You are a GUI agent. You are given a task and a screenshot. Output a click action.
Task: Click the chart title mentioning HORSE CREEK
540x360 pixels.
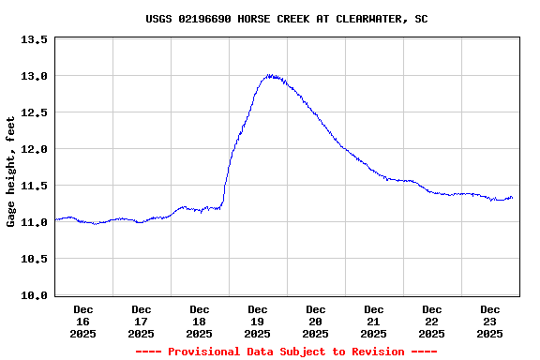(x=288, y=19)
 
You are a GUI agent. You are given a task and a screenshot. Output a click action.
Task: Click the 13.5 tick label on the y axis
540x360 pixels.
(x=35, y=39)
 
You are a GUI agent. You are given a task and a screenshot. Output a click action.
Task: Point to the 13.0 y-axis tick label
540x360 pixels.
(x=35, y=76)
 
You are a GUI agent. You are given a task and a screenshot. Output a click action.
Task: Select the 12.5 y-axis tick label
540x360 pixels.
(x=35, y=112)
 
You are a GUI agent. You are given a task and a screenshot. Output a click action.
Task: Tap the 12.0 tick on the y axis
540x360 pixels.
(x=35, y=149)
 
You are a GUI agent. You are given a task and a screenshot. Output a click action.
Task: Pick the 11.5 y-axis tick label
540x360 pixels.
(x=35, y=186)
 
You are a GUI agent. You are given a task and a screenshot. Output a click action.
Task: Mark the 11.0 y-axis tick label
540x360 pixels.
(x=35, y=222)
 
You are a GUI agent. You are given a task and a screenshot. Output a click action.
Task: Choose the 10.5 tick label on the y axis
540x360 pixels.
(x=35, y=259)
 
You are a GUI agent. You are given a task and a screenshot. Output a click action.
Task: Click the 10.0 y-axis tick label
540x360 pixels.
(x=35, y=295)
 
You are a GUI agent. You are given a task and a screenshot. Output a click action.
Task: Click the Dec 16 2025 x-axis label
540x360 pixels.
(x=83, y=321)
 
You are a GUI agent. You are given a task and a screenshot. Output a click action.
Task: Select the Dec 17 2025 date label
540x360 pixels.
(x=142, y=321)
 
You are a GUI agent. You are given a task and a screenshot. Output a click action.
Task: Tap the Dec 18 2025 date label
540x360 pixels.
(x=200, y=321)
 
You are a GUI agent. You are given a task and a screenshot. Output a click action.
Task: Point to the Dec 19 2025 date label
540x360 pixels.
(x=258, y=321)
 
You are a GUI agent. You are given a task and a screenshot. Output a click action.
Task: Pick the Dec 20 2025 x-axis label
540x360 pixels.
(x=316, y=321)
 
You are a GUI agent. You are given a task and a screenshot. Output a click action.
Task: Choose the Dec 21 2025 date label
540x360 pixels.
(x=374, y=321)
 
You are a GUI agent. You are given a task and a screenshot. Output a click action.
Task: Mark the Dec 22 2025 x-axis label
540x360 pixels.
(x=432, y=321)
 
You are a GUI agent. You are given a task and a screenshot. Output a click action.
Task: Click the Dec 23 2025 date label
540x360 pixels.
(x=490, y=321)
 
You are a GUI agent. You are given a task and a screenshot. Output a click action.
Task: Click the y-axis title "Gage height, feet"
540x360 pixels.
(x=11, y=172)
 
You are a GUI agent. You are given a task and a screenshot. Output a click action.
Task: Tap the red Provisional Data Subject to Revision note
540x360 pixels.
(x=286, y=352)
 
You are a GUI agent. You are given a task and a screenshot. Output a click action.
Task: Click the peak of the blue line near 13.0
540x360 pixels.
(x=271, y=75)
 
